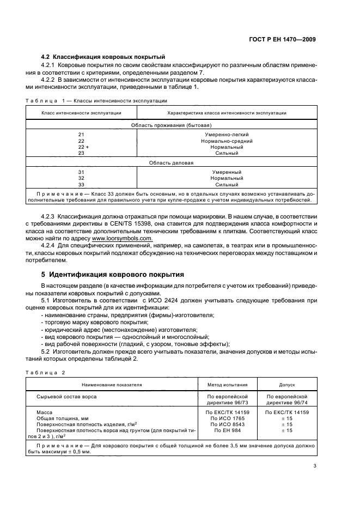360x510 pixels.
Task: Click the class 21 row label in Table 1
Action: click(82, 134)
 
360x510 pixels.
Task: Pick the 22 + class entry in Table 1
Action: click(83, 147)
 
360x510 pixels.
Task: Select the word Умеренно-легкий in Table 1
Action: click(227, 134)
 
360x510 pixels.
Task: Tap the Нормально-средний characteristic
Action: click(227, 141)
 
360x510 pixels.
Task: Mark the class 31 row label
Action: click(82, 172)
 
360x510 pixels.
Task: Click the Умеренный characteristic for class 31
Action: click(227, 172)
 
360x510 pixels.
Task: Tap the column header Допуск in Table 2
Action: click(286, 384)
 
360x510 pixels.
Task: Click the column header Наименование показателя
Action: click(112, 384)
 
